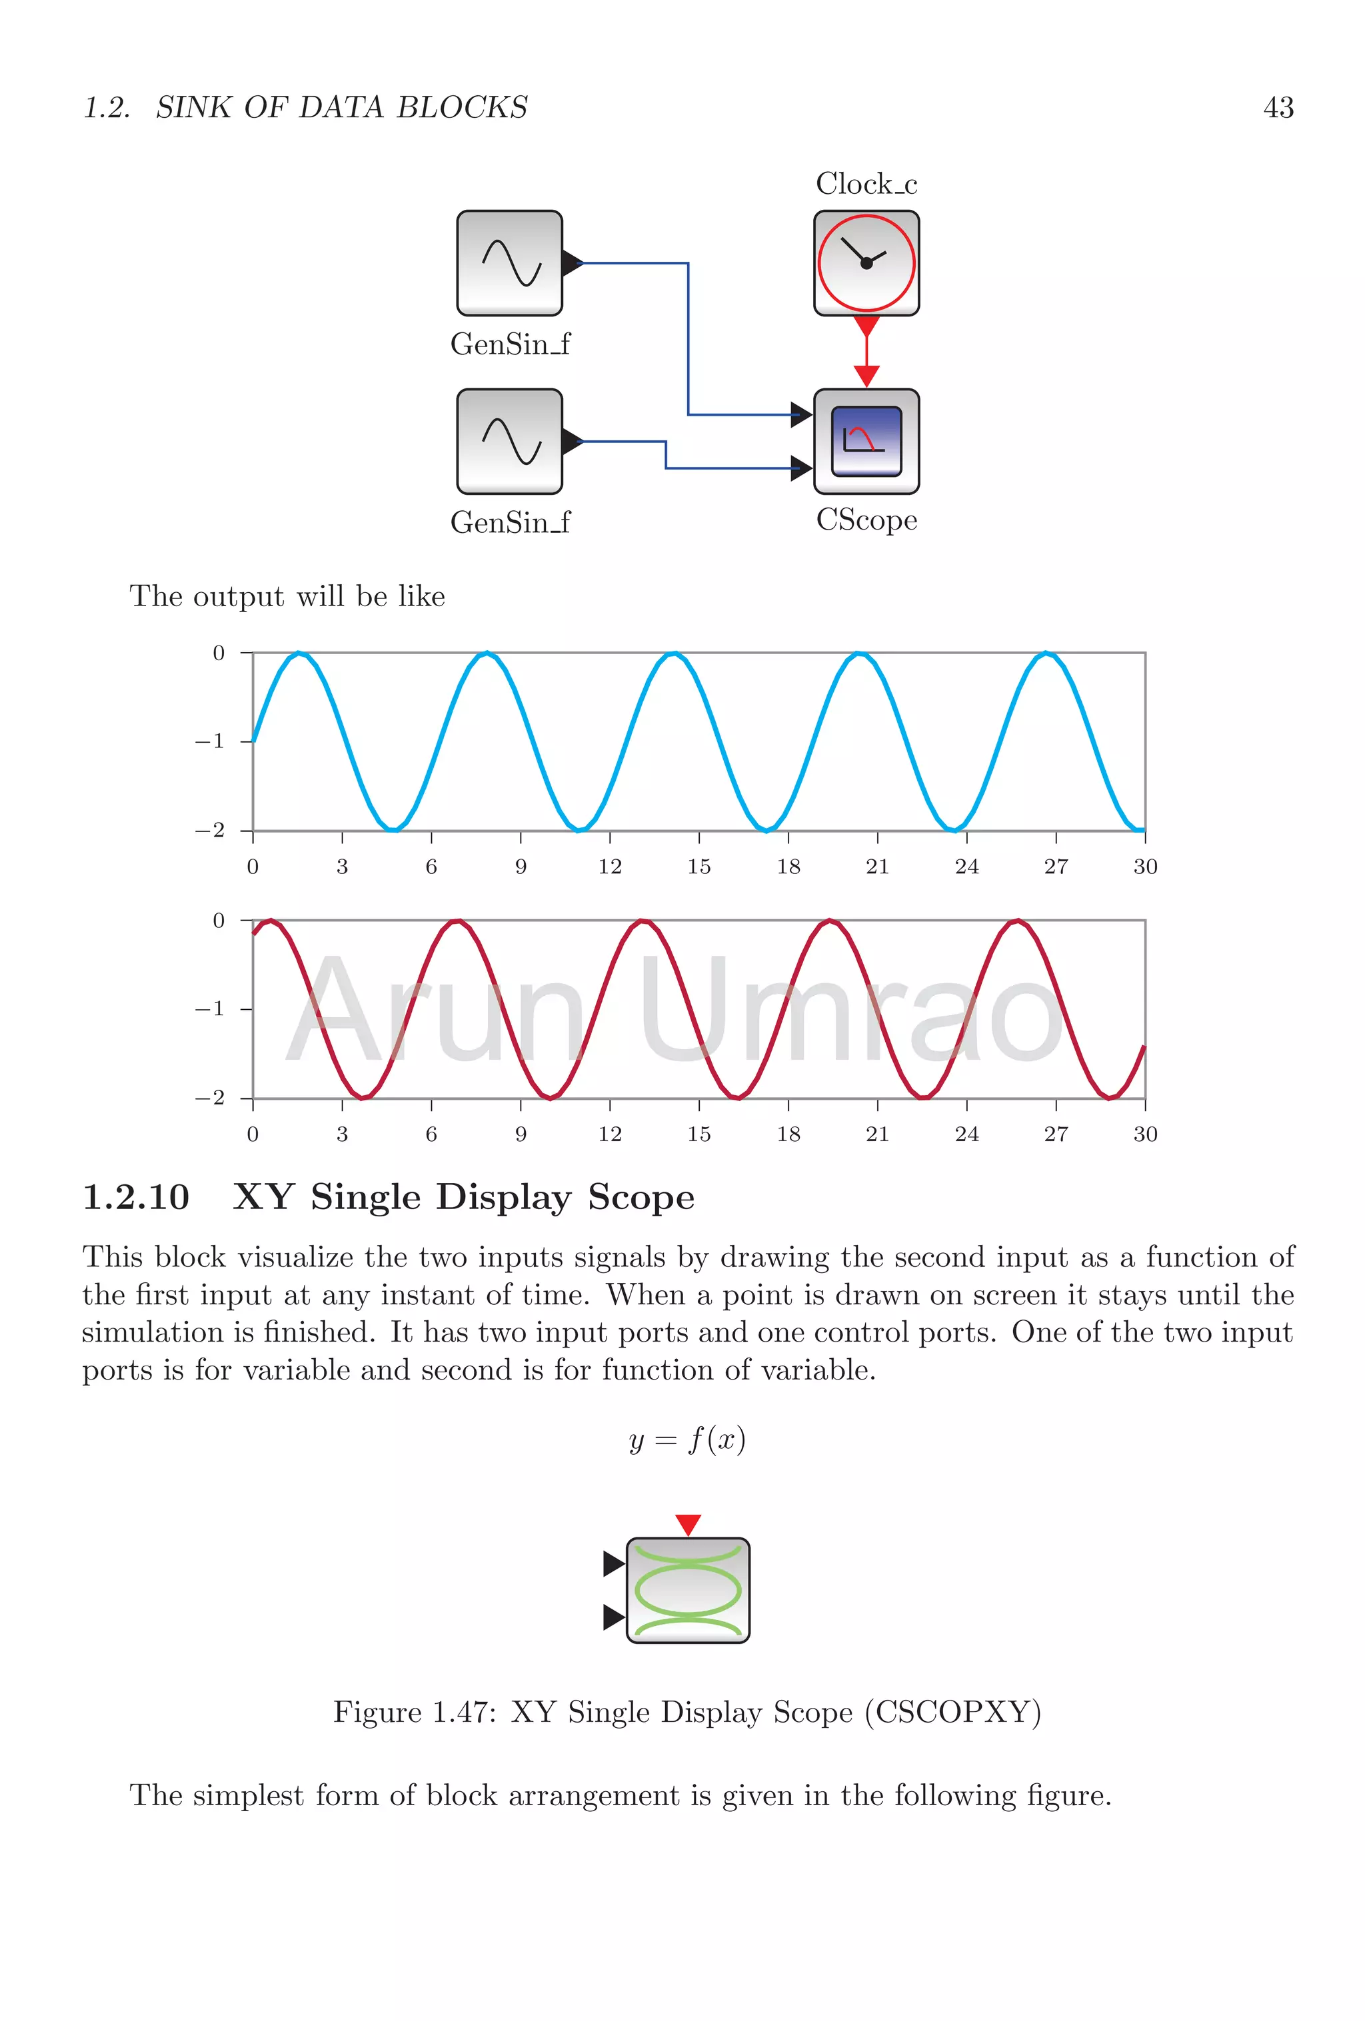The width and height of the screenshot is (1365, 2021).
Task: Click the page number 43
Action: tap(1277, 108)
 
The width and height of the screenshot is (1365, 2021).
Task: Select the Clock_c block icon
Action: tap(866, 262)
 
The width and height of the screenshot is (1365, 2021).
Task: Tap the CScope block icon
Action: tap(866, 442)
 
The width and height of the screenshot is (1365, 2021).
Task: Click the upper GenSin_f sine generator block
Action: tap(510, 262)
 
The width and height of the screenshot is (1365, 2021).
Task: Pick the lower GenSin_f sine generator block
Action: tap(510, 442)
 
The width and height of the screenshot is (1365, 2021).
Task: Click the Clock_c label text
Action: tap(866, 185)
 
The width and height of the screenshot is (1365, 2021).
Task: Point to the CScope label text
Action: tap(866, 520)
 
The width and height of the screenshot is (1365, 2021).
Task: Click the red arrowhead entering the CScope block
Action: tap(866, 376)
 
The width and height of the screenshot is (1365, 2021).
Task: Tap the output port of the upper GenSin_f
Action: tap(573, 262)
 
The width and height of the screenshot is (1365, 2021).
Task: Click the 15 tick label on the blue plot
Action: tap(698, 867)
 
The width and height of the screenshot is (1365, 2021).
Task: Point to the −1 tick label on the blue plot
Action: tap(210, 742)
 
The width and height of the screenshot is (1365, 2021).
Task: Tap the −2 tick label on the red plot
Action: tap(210, 1098)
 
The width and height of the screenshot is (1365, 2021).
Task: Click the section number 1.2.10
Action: tap(136, 1198)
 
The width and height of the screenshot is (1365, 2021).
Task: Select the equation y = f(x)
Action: tap(687, 1439)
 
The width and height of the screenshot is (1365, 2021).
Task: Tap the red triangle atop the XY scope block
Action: tap(687, 1523)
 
